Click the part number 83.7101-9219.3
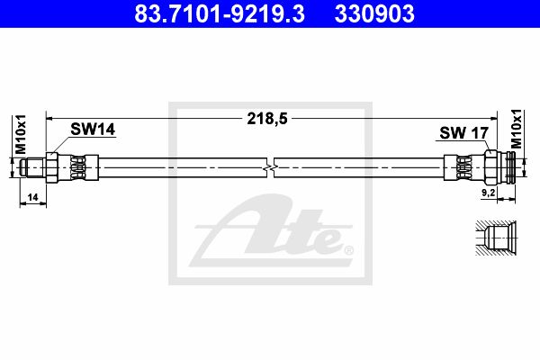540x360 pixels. [220, 13]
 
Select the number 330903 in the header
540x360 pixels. [374, 13]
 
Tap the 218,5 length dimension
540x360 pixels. [267, 119]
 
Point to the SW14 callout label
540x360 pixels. [93, 130]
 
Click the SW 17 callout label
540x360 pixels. [463, 133]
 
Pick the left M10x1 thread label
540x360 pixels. [21, 134]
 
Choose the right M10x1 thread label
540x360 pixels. [517, 129]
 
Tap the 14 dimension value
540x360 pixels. [32, 197]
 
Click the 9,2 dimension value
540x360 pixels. [488, 193]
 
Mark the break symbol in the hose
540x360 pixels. [271, 167]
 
